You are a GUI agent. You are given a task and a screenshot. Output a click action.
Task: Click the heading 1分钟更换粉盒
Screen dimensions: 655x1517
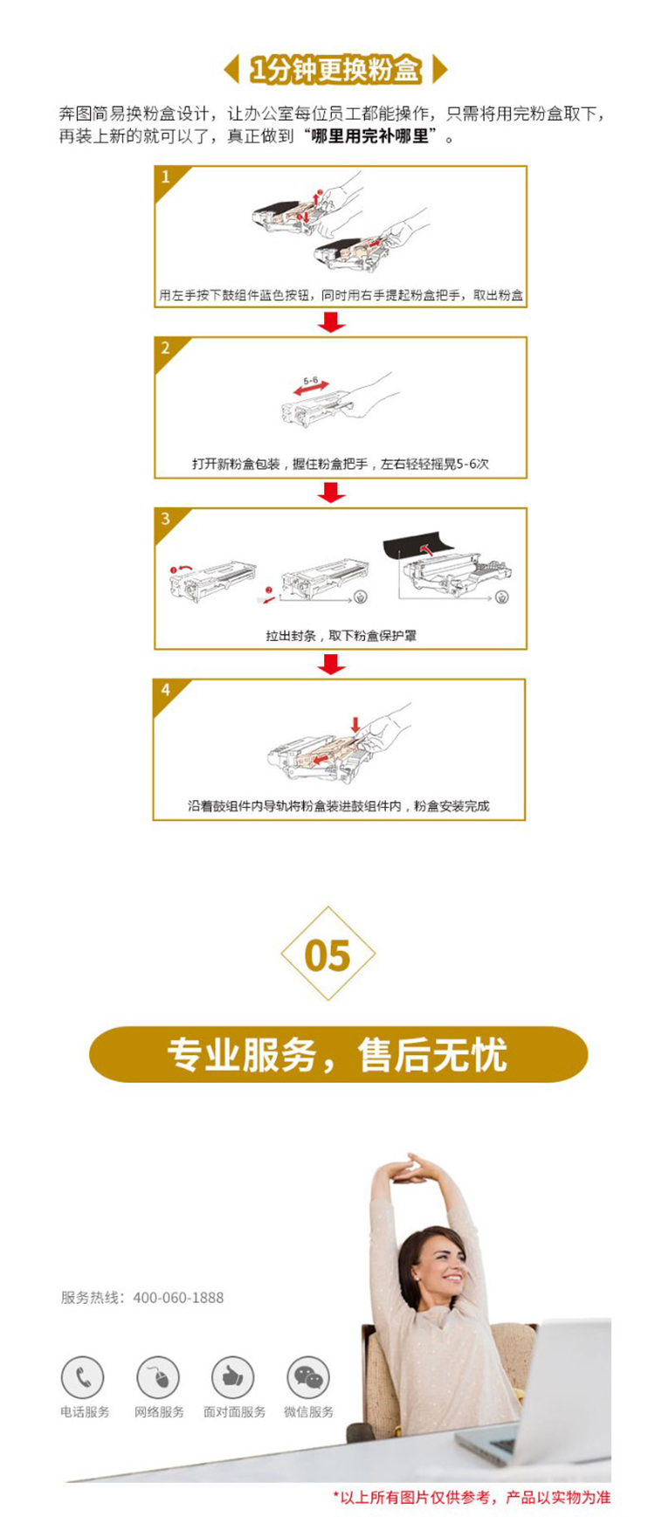pos(335,69)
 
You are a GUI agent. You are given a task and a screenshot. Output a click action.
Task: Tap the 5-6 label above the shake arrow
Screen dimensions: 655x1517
pos(311,381)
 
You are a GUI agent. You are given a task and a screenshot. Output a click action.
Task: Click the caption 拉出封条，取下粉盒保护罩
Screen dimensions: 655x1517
pos(341,635)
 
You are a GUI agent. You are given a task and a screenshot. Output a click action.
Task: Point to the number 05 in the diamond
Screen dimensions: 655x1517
pos(327,955)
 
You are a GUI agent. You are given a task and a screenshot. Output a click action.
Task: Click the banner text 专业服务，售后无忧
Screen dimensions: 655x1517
pos(338,1054)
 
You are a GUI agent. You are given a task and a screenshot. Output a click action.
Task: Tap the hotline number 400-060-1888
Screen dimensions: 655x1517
pos(178,1298)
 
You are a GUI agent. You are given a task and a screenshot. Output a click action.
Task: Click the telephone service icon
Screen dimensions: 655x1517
pos(83,1378)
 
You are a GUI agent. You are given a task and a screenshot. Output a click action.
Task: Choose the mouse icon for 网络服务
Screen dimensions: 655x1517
pos(158,1378)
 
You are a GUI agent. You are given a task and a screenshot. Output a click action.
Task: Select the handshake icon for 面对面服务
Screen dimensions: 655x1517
pos(233,1378)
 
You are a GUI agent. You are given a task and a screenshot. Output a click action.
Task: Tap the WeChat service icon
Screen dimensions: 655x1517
pos(308,1378)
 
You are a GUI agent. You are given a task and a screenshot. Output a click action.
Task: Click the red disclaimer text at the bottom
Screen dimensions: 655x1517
pos(472,1497)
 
